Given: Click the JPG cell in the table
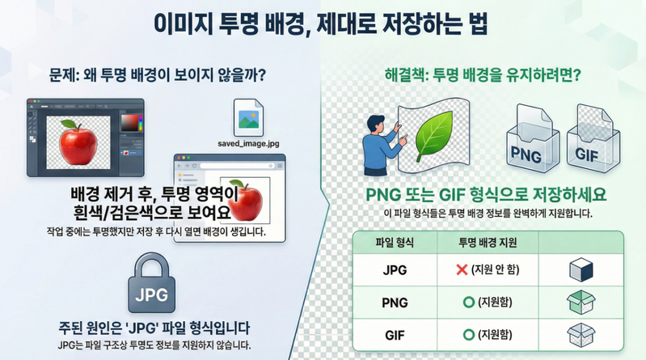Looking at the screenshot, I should pos(394,270).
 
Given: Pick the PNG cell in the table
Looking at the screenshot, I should pos(394,302).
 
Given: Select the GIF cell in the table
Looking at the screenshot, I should pos(394,333).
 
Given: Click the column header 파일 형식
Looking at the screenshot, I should pos(394,242).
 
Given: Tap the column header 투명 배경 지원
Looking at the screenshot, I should pos(488,242).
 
